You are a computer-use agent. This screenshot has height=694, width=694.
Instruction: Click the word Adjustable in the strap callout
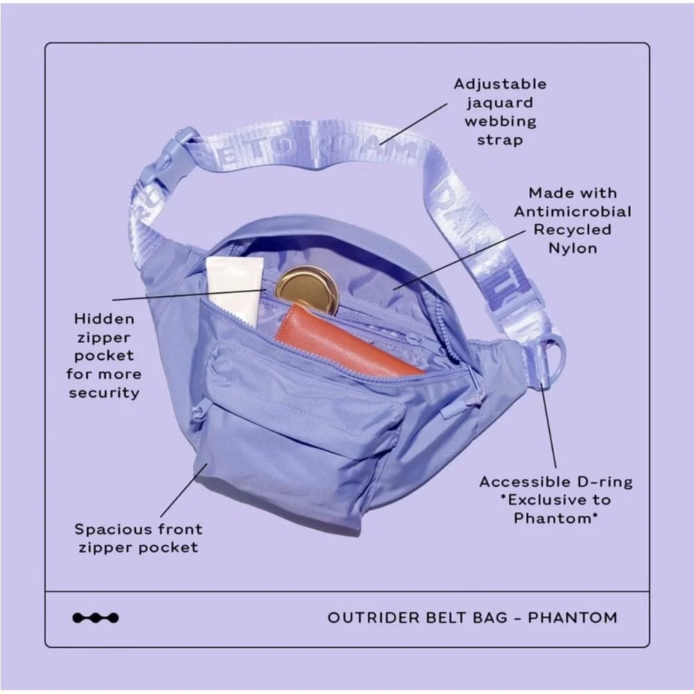(x=500, y=85)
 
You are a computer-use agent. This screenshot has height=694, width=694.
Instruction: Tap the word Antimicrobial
(x=573, y=212)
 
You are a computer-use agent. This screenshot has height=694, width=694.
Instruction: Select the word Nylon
(x=573, y=248)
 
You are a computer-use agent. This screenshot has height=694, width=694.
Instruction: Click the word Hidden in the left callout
(x=104, y=320)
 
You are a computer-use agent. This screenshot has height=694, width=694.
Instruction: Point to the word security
(x=104, y=393)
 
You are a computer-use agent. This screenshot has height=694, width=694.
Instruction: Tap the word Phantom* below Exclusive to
(x=556, y=518)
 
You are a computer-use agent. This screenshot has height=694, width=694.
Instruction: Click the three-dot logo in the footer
(x=95, y=618)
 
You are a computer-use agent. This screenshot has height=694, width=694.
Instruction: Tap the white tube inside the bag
(x=235, y=288)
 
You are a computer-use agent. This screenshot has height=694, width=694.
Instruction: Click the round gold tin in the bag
(x=307, y=288)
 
